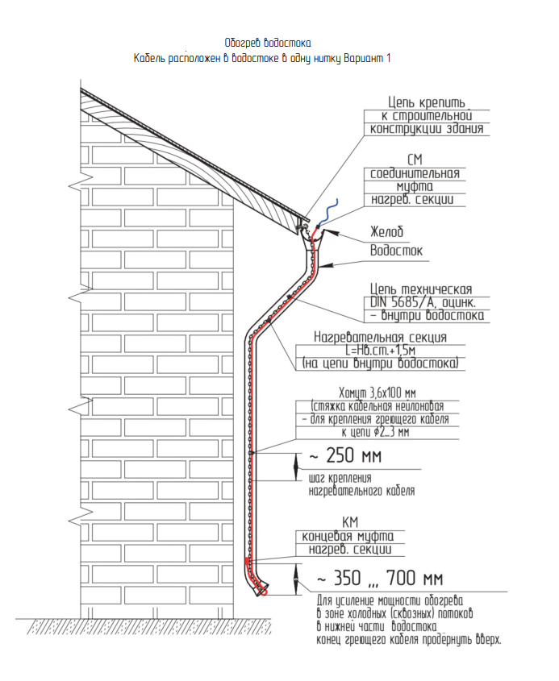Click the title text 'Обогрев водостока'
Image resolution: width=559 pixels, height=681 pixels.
[268, 43]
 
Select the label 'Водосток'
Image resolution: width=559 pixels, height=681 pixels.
[396, 251]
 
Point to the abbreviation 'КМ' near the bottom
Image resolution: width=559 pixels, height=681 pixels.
[352, 522]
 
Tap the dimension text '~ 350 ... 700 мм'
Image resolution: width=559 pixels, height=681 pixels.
[379, 579]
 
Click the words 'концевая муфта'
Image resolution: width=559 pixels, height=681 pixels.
[353, 537]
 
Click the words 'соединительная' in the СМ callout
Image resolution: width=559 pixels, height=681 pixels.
[415, 173]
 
